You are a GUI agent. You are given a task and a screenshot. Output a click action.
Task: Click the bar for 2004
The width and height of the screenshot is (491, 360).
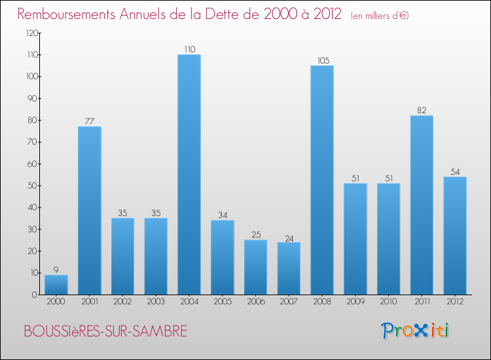click(189, 174)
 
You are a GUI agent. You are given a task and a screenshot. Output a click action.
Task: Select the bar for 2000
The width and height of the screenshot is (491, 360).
click(56, 285)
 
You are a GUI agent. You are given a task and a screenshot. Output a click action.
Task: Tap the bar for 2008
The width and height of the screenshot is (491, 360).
click(322, 180)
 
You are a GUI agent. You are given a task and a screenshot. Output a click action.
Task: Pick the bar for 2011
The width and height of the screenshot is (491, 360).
click(422, 205)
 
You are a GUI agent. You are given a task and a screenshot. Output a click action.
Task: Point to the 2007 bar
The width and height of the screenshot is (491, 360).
click(289, 268)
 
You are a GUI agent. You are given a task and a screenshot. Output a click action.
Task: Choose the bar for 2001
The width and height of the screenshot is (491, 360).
click(90, 210)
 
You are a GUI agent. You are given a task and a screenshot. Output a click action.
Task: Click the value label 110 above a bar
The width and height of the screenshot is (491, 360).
click(189, 49)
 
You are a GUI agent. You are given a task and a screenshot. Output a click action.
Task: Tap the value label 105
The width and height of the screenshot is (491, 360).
click(322, 60)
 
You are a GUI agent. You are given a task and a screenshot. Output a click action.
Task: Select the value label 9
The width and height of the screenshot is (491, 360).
click(56, 270)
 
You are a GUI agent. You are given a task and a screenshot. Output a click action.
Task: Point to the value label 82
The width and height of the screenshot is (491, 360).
click(422, 111)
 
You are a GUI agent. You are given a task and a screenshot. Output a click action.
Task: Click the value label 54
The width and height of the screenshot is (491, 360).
click(455, 171)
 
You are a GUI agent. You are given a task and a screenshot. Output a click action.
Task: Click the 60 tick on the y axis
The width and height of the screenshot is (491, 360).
click(32, 164)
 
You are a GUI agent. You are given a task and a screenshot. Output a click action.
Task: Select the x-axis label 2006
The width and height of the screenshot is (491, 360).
click(255, 302)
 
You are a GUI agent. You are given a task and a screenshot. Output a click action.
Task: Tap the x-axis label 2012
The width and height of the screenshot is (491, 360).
click(455, 302)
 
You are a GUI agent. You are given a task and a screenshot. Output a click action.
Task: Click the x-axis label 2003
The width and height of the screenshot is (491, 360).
click(156, 302)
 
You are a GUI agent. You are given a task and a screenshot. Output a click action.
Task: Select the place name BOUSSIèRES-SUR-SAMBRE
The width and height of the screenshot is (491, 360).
click(105, 332)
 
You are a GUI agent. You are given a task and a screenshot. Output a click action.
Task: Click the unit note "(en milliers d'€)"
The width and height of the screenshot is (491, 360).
click(380, 15)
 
